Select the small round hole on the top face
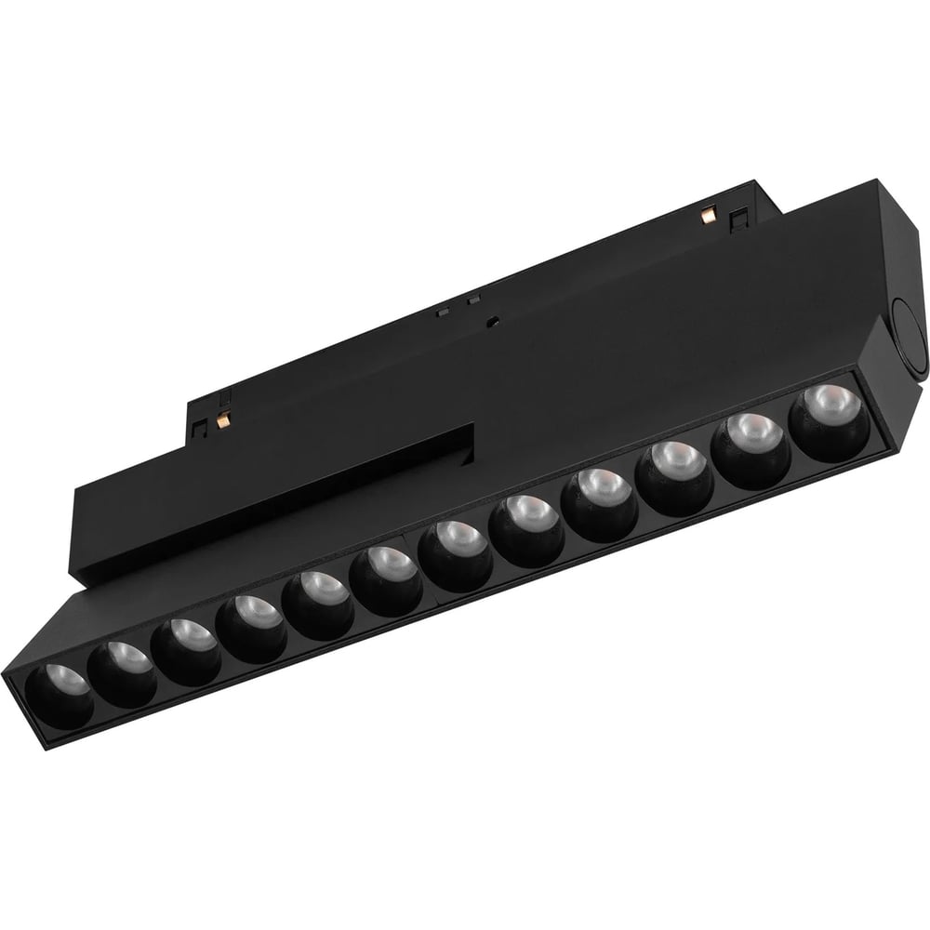tap(493, 321)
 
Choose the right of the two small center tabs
tap(473, 299)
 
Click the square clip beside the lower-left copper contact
tap(201, 425)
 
